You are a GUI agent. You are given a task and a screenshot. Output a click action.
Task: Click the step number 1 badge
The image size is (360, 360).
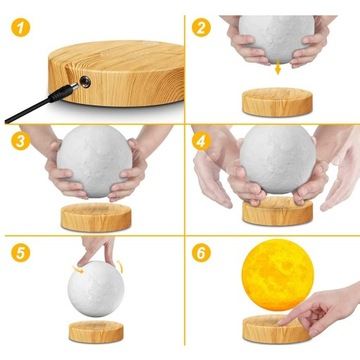(x=14, y=14)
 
